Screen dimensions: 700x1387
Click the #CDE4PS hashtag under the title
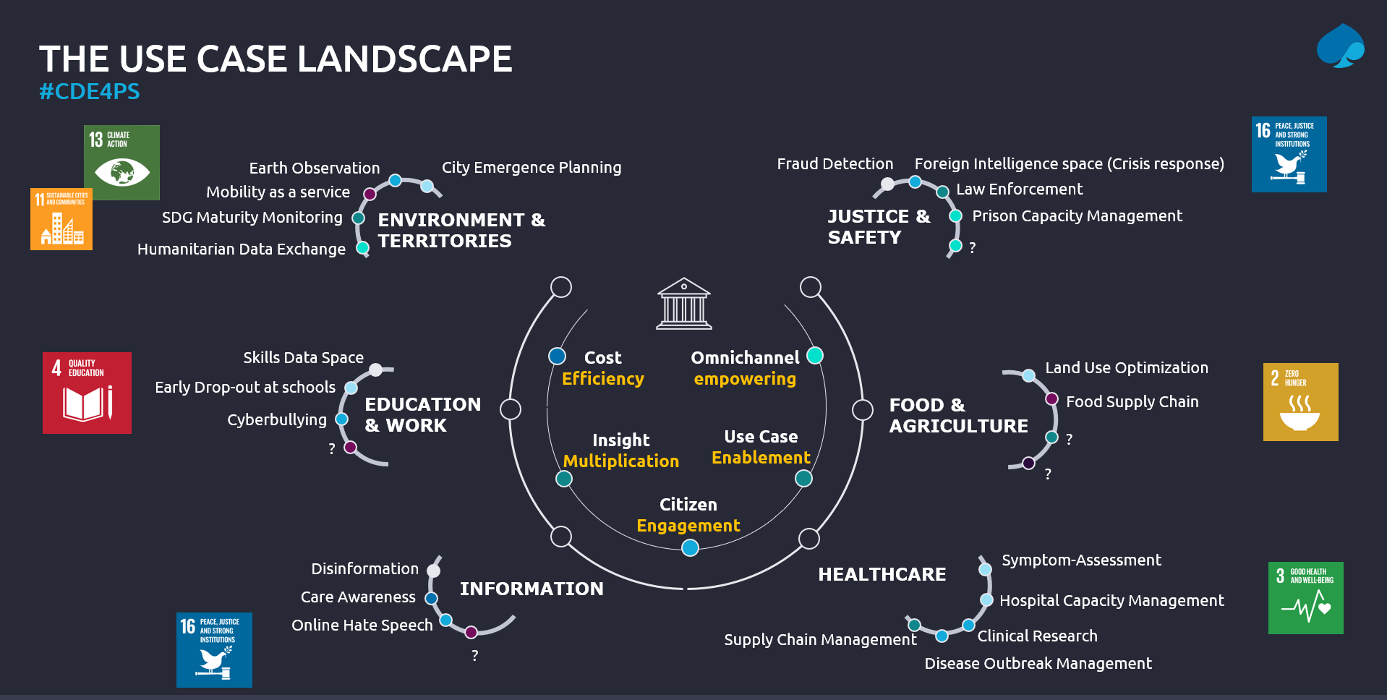pyautogui.click(x=89, y=92)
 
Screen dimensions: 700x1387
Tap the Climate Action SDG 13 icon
pyautogui.click(x=121, y=162)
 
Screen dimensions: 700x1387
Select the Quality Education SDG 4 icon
pyautogui.click(x=87, y=393)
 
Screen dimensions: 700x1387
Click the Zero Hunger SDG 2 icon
pyautogui.click(x=1300, y=401)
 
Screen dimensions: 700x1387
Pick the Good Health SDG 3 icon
pyautogui.click(x=1305, y=597)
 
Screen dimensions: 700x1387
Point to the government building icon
pyautogui.click(x=683, y=304)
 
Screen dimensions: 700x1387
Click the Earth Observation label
pyautogui.click(x=314, y=168)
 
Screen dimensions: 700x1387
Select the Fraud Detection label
pyautogui.click(x=835, y=164)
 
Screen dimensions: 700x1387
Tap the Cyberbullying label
pyautogui.click(x=276, y=419)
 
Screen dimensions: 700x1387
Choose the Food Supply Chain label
pyautogui.click(x=1132, y=401)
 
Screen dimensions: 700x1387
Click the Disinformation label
pyautogui.click(x=364, y=568)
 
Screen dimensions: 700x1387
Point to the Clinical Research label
pyautogui.click(x=1037, y=636)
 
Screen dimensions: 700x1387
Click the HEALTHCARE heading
pyautogui.click(x=882, y=574)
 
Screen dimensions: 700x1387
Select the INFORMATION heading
pyautogui.click(x=532, y=589)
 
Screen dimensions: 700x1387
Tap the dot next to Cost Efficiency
pyautogui.click(x=557, y=356)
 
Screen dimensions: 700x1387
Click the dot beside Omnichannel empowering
pyautogui.click(x=815, y=355)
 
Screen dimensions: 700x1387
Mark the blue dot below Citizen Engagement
pyautogui.click(x=690, y=548)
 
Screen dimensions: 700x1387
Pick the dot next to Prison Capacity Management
pyautogui.click(x=955, y=215)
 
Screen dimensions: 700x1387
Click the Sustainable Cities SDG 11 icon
pyautogui.click(x=61, y=219)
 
